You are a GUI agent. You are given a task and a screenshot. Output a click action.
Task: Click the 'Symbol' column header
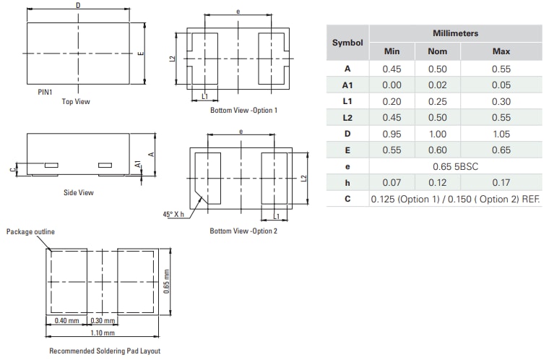point(347,43)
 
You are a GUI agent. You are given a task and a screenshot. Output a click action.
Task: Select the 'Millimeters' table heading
point(455,33)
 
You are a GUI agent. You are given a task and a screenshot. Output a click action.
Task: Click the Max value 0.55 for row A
point(501,69)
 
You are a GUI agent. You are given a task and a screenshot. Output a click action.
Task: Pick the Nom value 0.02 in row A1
point(438,85)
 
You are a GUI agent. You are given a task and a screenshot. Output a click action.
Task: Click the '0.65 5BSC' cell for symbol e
point(455,166)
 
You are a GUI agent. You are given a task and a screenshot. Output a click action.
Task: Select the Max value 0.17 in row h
point(501,182)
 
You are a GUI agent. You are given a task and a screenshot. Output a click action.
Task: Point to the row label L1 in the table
point(347,102)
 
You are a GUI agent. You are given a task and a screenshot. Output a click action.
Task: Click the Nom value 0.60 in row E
point(438,150)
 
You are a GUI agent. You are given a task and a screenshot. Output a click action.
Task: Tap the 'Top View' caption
point(76,102)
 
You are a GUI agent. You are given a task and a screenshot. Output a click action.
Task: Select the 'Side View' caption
point(78,193)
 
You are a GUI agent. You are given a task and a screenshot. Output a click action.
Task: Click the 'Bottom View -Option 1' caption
point(243,110)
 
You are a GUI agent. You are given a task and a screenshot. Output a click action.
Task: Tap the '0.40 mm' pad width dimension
point(66,320)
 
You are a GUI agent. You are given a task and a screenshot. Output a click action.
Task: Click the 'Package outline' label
point(30,231)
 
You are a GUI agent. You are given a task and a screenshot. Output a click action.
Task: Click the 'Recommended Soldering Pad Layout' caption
point(105,351)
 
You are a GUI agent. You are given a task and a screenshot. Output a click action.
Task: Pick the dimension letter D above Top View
point(77,6)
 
